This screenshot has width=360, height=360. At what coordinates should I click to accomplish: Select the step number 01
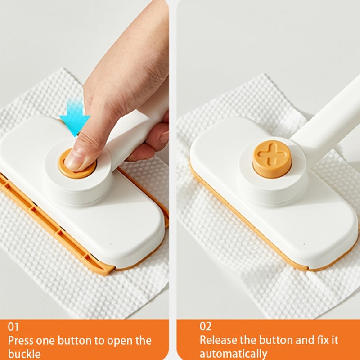tap(13, 327)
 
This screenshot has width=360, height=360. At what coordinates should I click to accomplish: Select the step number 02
tap(205, 326)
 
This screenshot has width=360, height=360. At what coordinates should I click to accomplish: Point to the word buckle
tap(24, 354)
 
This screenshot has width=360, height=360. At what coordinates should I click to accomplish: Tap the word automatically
tap(233, 354)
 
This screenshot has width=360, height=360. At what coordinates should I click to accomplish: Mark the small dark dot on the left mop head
tap(110, 244)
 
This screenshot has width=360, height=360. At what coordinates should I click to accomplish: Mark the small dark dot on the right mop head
tap(304, 244)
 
